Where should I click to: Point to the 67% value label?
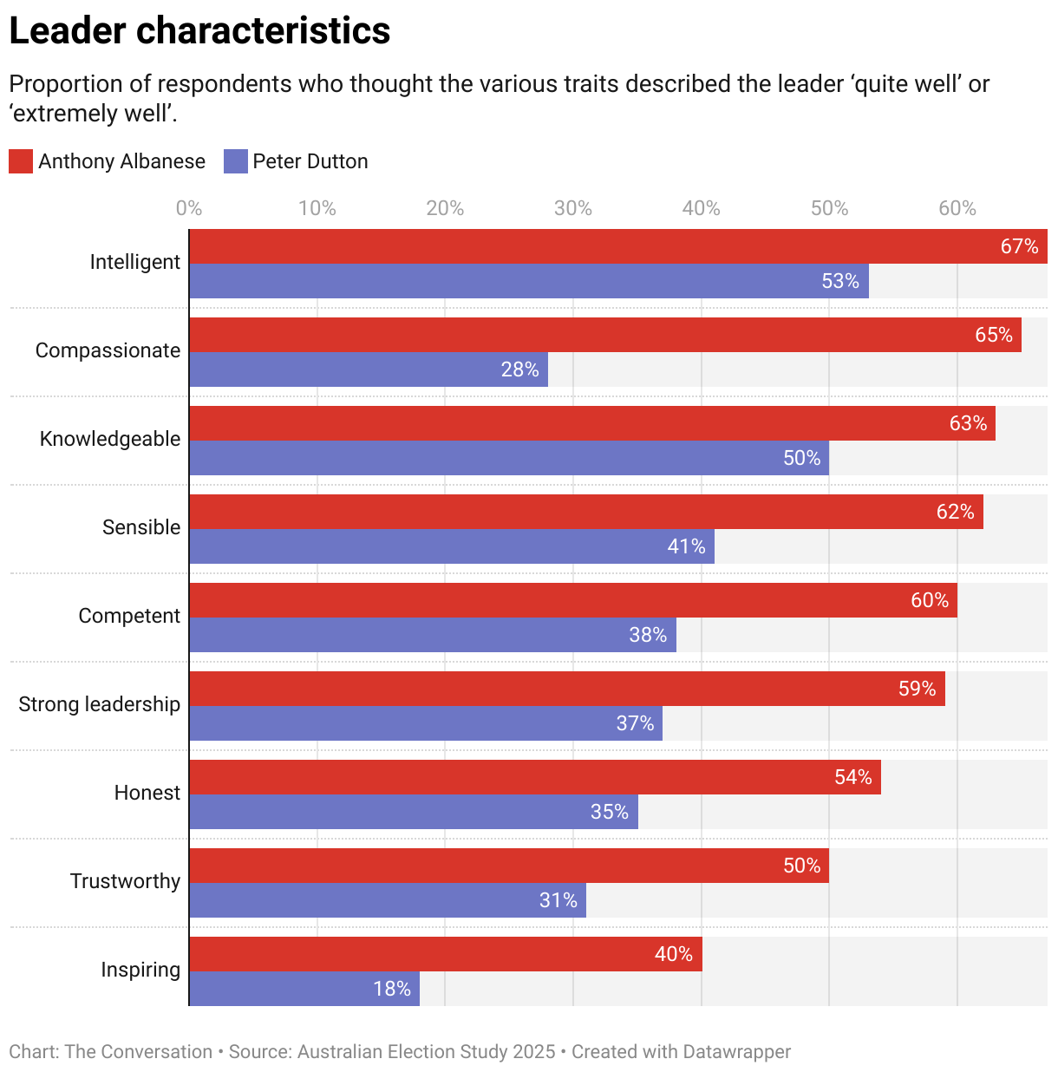1019,246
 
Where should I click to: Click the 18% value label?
392,989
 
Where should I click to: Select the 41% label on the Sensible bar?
686,546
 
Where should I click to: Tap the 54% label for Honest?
853,777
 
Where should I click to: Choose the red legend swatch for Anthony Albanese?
21,161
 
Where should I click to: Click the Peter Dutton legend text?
310,161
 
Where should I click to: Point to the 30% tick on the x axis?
573,208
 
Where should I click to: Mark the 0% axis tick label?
189,208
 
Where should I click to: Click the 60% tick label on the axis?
957,208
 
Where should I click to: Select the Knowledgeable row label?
110,439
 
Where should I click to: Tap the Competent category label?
129,616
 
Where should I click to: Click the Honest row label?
147,793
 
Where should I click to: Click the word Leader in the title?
67,31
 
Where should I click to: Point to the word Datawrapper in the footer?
736,1052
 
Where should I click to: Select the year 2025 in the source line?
533,1052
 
